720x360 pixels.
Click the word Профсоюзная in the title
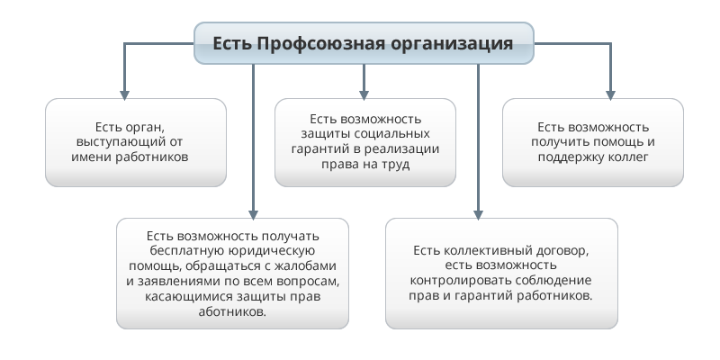(321, 44)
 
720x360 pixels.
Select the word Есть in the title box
(232, 43)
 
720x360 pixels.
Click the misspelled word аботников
(232, 311)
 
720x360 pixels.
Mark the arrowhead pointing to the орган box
(124, 95)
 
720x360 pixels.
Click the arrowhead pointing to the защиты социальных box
(364, 95)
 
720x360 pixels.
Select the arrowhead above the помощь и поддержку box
(610, 95)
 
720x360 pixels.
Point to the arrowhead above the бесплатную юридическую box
(253, 215)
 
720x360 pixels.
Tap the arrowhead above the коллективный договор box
(478, 215)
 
